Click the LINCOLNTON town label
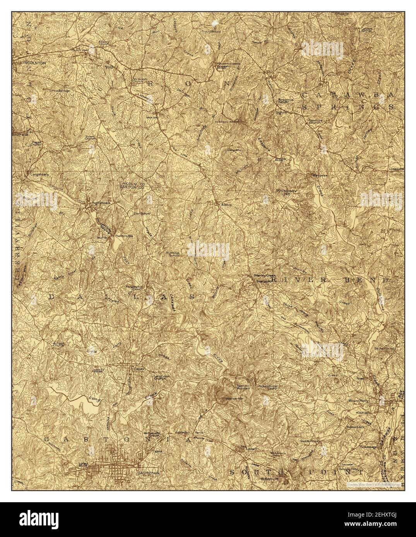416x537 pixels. pyautogui.click(x=34, y=62)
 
